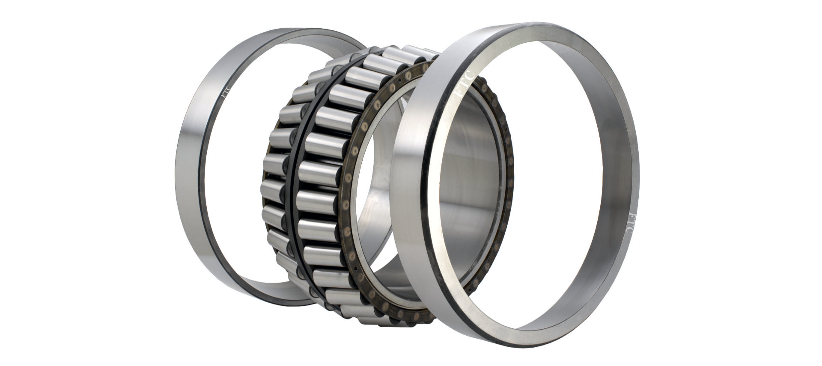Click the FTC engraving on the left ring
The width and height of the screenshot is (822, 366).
[x=225, y=92]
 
